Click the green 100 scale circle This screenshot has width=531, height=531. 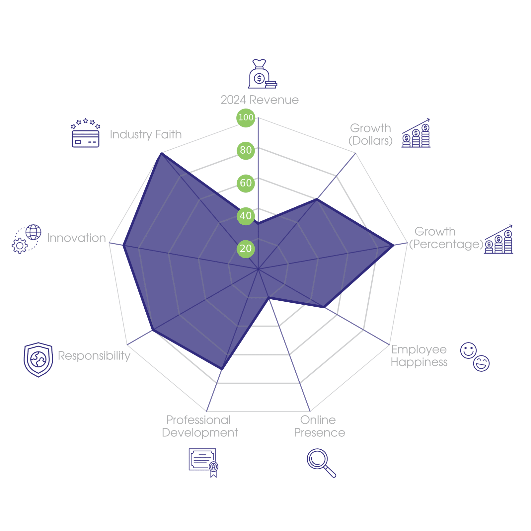point(246,117)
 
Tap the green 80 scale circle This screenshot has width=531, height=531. point(246,150)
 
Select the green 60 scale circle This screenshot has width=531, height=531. point(246,183)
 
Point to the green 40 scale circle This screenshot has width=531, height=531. point(246,216)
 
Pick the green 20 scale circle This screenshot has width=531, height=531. point(246,249)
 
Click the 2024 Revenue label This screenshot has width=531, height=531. point(260,100)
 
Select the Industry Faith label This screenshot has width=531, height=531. point(146,134)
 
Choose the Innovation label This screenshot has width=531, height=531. point(76,238)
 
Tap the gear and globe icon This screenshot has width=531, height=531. point(27,239)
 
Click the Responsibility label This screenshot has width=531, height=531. point(94,356)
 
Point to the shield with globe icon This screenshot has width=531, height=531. point(38,359)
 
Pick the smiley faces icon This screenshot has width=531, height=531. point(475,357)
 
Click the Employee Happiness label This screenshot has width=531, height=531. point(419,356)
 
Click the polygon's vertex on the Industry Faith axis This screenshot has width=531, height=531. point(161,153)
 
